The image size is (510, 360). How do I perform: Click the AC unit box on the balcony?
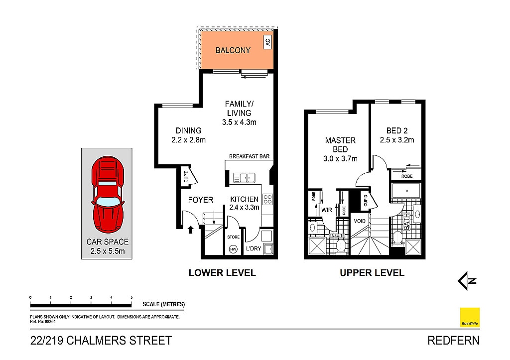[267, 42]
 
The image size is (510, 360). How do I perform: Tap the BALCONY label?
[233, 50]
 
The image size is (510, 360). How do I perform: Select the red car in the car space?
[108, 195]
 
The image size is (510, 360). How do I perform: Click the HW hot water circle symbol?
[233, 249]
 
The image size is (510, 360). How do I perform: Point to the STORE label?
[233, 237]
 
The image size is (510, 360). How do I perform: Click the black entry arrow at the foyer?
[191, 230]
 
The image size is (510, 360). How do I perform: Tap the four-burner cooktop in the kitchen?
[267, 199]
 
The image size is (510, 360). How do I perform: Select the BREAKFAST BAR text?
[249, 156]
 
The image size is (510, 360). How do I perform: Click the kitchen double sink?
[244, 178]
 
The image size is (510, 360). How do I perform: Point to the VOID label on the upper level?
[360, 221]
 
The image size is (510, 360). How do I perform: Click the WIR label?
[327, 210]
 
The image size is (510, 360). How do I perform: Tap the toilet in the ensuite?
[341, 245]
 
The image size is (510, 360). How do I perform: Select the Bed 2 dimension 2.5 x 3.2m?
[397, 140]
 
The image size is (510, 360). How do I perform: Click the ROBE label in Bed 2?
[407, 176]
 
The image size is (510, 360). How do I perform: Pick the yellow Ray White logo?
[470, 317]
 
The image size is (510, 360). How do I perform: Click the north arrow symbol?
[467, 281]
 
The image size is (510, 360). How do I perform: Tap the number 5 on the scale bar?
[131, 297]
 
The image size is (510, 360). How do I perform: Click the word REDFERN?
[453, 341]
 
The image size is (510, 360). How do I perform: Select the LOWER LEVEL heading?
[222, 272]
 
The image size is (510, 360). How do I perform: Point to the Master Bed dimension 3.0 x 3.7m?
[340, 159]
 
